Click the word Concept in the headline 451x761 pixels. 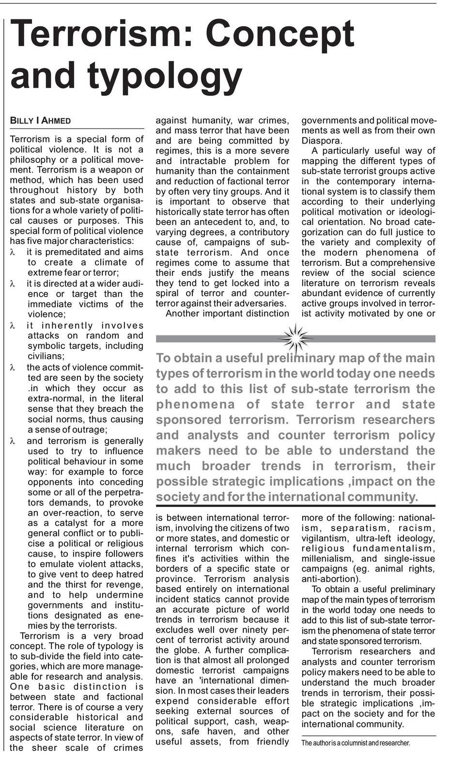tap(280, 34)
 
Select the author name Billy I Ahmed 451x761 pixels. tap(40, 121)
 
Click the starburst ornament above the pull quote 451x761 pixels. tap(295, 338)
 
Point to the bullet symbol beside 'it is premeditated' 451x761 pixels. tap(13, 252)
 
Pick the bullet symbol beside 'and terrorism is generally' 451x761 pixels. tap(13, 441)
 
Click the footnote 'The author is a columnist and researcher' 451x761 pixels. tap(356, 743)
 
